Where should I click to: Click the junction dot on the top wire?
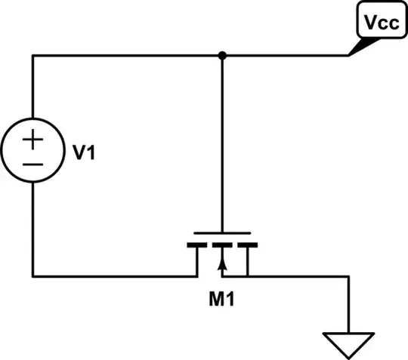click(x=221, y=55)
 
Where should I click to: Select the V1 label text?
click(x=85, y=155)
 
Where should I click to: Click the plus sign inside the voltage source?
click(x=33, y=140)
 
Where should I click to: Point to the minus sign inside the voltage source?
click(x=33, y=164)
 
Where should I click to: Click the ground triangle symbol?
click(x=348, y=344)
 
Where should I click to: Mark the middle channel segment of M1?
click(x=221, y=245)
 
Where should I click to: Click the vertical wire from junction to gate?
click(x=221, y=143)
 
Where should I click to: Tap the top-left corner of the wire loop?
click(x=32, y=55)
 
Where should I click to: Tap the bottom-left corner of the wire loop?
click(x=32, y=274)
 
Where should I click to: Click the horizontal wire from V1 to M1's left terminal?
click(x=113, y=274)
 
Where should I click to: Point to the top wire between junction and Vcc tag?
click(x=287, y=55)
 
